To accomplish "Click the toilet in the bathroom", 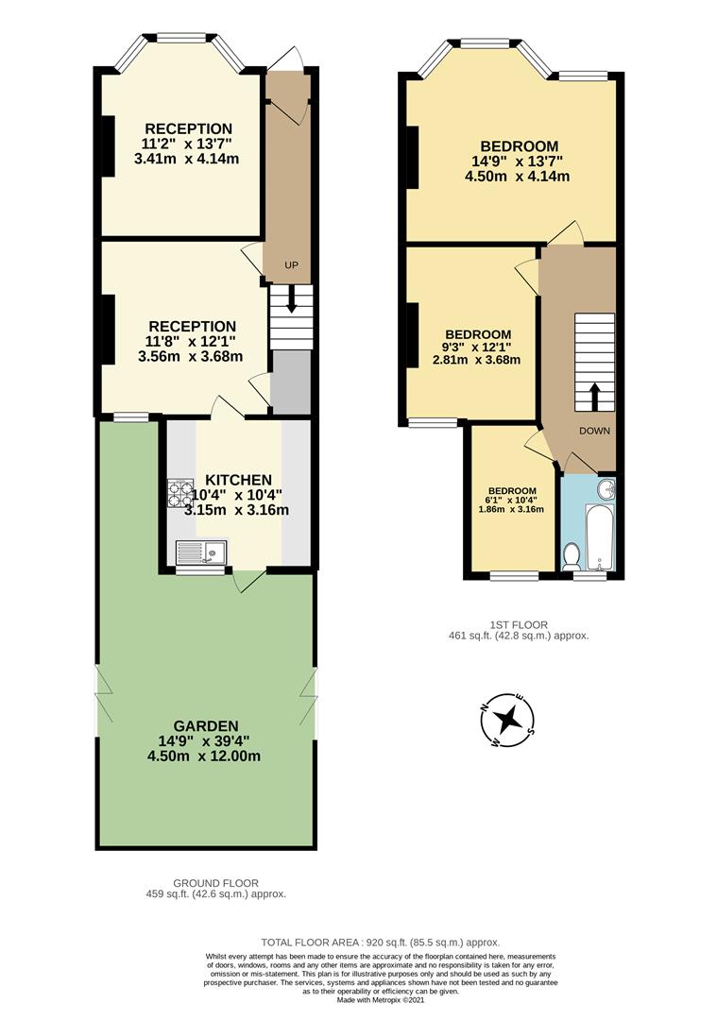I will point(571,556).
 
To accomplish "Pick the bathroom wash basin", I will point(606,489).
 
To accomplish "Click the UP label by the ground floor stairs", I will point(291,265).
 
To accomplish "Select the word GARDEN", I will point(204,726).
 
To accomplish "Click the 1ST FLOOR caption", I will point(519,624).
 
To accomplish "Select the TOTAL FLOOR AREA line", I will point(380,943).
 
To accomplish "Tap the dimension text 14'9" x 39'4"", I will point(204,741).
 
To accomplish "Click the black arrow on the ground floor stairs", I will point(291,301).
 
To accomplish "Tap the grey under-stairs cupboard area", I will point(290,382).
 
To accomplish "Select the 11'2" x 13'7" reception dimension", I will point(187,144).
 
